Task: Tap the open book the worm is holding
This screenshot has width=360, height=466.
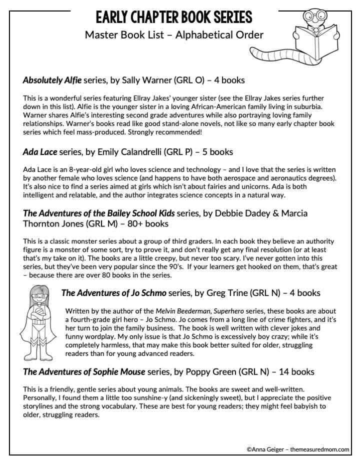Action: [309, 37]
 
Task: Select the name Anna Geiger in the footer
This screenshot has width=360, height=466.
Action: [269, 449]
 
